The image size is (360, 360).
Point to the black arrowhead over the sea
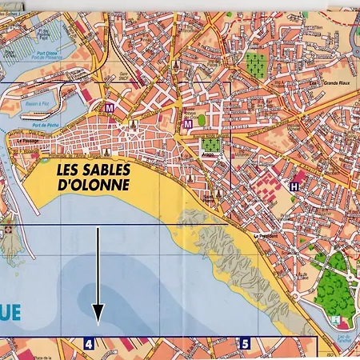[98, 315]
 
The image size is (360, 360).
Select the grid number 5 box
[246, 344]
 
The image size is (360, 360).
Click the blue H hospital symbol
[295, 186]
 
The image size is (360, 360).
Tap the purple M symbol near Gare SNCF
[110, 106]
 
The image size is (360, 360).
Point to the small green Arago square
[210, 146]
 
